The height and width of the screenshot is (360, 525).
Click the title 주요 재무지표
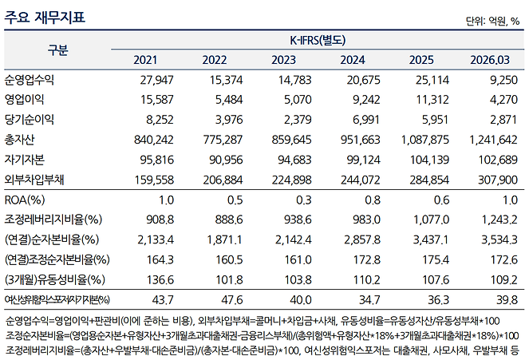click(x=45, y=17)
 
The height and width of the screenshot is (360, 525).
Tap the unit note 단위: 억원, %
click(x=492, y=22)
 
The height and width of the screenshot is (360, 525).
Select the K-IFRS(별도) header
click(x=318, y=40)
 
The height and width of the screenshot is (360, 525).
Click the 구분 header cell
click(x=57, y=50)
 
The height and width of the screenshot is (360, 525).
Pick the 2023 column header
click(x=283, y=60)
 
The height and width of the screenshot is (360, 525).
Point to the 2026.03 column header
click(x=490, y=60)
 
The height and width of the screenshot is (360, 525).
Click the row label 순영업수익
click(x=30, y=80)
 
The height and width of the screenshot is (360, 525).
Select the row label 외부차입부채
click(x=34, y=180)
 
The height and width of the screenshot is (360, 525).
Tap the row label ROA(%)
click(x=25, y=200)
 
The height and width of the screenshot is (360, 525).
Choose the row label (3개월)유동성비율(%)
click(x=55, y=279)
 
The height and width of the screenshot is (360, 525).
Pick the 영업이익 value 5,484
click(x=229, y=100)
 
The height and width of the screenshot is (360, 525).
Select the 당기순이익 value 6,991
click(x=366, y=120)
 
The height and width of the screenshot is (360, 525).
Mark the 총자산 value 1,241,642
click(x=493, y=140)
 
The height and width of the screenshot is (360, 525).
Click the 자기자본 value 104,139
click(x=429, y=160)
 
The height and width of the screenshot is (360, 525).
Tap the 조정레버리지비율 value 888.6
click(x=229, y=220)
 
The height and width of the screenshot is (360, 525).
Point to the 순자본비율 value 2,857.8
click(x=362, y=239)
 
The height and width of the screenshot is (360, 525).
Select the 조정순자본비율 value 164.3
click(x=160, y=260)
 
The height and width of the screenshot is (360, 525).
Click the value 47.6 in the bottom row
click(x=232, y=299)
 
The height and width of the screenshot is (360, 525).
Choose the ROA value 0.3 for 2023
click(x=304, y=200)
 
